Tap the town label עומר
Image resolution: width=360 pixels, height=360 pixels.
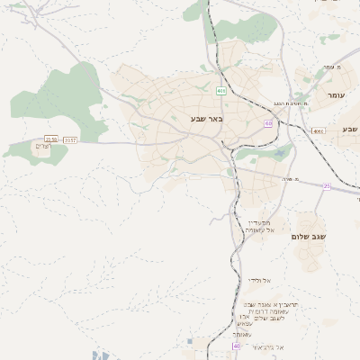click(x=336, y=95)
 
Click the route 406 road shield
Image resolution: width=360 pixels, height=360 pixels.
click(x=221, y=91)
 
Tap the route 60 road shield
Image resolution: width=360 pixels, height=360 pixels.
click(x=268, y=123)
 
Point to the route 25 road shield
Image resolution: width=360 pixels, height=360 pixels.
click(x=327, y=186)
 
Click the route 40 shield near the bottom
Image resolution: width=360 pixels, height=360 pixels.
click(x=237, y=346)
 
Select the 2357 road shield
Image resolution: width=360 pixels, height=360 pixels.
click(x=71, y=139)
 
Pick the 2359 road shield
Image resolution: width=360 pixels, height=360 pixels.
click(x=50, y=139)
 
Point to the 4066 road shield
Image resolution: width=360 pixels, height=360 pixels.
click(x=318, y=130)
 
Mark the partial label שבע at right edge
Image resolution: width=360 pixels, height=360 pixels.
click(x=349, y=130)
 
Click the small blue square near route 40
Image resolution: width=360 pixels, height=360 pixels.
click(x=190, y=341)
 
